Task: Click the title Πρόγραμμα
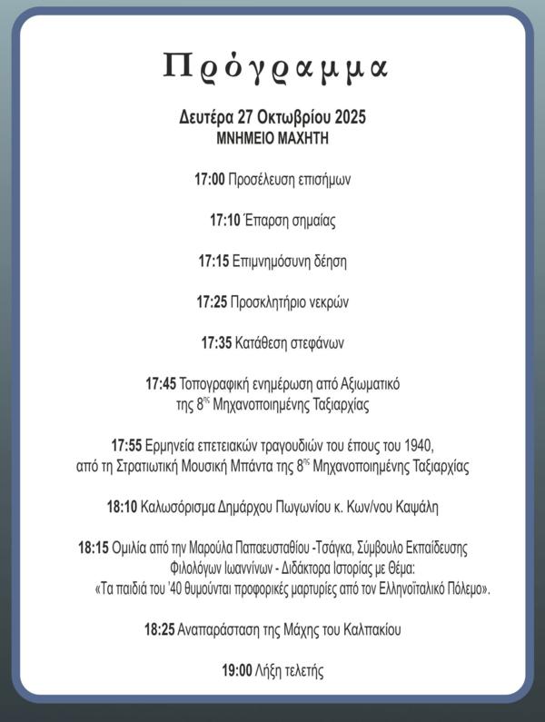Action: [x=275, y=66]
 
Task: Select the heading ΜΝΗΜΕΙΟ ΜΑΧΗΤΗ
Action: [x=272, y=139]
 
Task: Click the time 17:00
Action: [x=209, y=180]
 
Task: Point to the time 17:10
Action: [x=224, y=220]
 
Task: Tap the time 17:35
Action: [x=215, y=342]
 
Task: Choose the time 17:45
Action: [x=161, y=384]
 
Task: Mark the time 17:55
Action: [x=126, y=445]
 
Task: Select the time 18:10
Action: [x=121, y=506]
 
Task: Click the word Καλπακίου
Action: [x=370, y=628]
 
